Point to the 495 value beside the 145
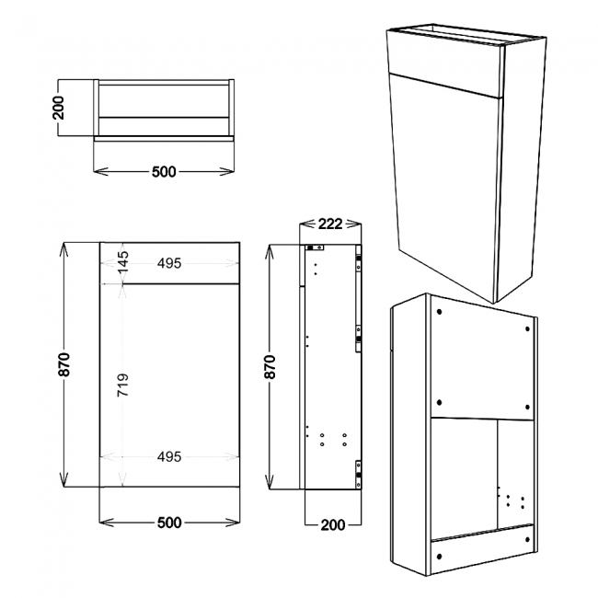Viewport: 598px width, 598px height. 168,264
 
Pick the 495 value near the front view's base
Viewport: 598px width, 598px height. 168,456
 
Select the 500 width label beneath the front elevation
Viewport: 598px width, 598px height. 168,522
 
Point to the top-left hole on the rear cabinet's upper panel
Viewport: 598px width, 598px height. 439,312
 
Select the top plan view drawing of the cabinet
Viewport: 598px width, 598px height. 165,108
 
